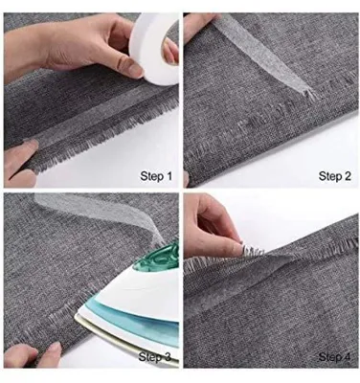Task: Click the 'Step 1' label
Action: point(156,176)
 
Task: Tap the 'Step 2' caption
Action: point(335,176)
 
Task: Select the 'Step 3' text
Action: point(155,357)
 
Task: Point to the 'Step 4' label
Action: point(335,357)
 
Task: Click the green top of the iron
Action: point(160,259)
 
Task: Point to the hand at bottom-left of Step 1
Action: point(20,163)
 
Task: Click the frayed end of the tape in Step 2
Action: point(309,94)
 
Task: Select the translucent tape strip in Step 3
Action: point(96,213)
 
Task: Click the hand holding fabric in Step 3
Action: point(31,353)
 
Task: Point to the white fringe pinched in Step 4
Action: point(251,250)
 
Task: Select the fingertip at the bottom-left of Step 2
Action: point(186,179)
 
